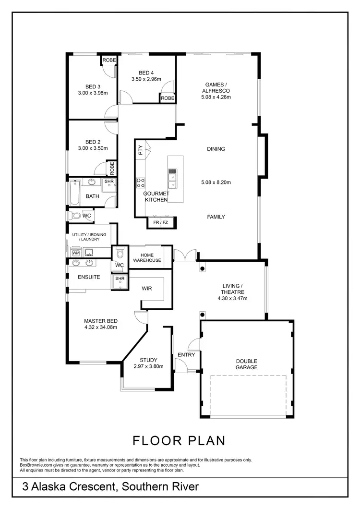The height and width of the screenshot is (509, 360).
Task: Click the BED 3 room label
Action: (92, 87)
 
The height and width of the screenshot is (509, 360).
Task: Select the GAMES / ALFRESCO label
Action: (216, 87)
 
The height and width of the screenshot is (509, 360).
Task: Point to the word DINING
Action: (216, 149)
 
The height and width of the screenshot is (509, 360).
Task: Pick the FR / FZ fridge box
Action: (161, 223)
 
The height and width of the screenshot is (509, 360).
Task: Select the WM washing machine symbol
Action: (75, 252)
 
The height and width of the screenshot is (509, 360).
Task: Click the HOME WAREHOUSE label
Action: (147, 257)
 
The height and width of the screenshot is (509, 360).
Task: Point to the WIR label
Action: (147, 289)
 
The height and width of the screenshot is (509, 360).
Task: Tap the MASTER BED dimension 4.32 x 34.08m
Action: (101, 327)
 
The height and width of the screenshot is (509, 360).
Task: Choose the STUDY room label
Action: (148, 360)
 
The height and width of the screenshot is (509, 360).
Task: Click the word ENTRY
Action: (186, 355)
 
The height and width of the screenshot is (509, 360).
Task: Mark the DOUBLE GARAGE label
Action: (246, 364)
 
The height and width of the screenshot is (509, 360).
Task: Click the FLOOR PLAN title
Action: (179, 440)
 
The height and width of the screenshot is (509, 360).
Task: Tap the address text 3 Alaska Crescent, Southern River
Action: (110, 487)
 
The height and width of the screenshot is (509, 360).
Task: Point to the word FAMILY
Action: (216, 217)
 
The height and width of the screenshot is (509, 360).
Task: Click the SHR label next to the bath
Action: (108, 182)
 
